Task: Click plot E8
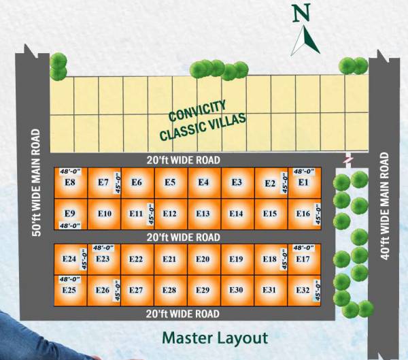[x=69, y=182]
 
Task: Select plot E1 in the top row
[x=303, y=182]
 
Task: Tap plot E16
[x=303, y=214]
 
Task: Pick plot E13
[x=203, y=214]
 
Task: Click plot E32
[x=303, y=290]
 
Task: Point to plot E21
[x=169, y=259]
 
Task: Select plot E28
[x=169, y=290]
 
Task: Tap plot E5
[x=170, y=182]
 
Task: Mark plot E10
[x=104, y=214]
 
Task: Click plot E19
[x=236, y=259]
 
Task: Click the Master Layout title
[x=215, y=338]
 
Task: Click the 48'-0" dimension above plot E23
[x=104, y=248]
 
